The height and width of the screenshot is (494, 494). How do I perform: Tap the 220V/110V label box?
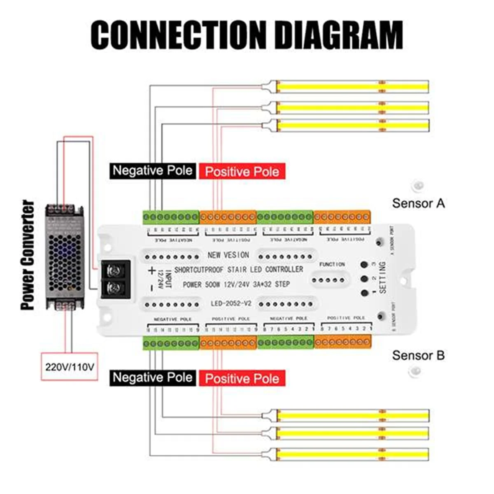tap(69, 366)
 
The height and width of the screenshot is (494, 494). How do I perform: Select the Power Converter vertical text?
tap(28, 255)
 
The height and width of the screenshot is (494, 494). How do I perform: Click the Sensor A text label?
tap(418, 203)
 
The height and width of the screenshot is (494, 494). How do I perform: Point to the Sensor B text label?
tap(418, 355)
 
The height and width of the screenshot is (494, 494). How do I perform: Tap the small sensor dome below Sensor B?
tap(415, 372)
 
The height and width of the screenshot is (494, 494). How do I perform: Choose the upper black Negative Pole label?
tap(152, 170)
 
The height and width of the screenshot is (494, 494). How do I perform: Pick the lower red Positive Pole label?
tap(242, 378)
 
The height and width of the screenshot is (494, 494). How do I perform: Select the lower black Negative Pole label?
tap(152, 377)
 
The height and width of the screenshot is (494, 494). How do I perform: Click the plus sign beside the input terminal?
tap(152, 270)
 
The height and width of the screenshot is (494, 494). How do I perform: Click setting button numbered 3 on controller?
tap(364, 265)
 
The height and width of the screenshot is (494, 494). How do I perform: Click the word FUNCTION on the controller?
tap(332, 264)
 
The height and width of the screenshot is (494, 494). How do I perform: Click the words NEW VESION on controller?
tap(228, 255)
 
